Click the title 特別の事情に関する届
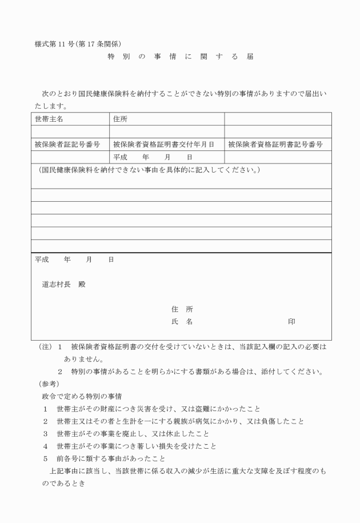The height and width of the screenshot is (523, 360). pyautogui.click(x=180, y=57)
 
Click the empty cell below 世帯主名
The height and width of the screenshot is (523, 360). pyautogui.click(x=70, y=131)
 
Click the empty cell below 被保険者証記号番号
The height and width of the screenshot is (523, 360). pyautogui.click(x=70, y=157)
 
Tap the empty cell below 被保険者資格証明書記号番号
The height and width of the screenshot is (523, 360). pyautogui.click(x=278, y=157)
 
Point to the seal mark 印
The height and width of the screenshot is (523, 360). pyautogui.click(x=291, y=322)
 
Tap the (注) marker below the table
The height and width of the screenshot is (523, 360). pyautogui.click(x=45, y=347)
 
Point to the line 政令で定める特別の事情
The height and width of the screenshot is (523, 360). pyautogui.click(x=83, y=396)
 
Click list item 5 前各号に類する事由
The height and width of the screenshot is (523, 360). pyautogui.click(x=106, y=458)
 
